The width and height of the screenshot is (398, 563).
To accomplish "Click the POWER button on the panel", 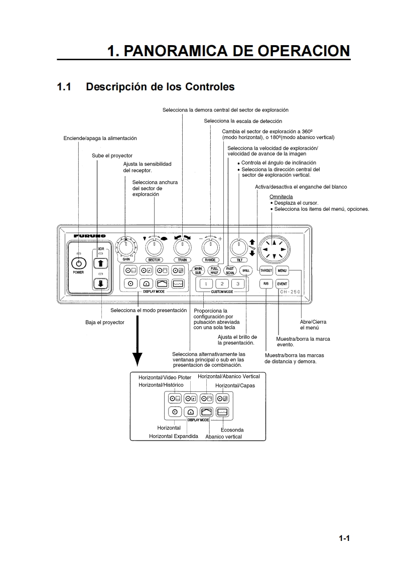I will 78,263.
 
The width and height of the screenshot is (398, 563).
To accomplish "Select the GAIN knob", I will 126,247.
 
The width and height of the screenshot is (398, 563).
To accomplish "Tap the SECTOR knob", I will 154,247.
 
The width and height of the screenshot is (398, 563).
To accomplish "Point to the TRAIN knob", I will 182,247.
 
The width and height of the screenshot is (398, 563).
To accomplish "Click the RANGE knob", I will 210,247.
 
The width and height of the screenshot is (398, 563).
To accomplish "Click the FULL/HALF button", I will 215,270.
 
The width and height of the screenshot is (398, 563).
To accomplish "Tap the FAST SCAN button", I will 230,270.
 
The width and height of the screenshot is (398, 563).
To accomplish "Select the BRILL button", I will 245,270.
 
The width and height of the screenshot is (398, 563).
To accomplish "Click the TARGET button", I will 266,270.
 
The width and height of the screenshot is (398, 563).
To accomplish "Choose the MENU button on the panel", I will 282,270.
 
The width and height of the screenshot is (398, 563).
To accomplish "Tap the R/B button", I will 266,284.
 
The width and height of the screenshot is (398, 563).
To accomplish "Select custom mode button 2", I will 221,284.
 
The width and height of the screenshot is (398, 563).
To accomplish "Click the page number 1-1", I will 344,539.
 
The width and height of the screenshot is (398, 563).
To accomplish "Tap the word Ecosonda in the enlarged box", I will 232,430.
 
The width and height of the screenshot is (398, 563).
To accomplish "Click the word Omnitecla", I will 281,196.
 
